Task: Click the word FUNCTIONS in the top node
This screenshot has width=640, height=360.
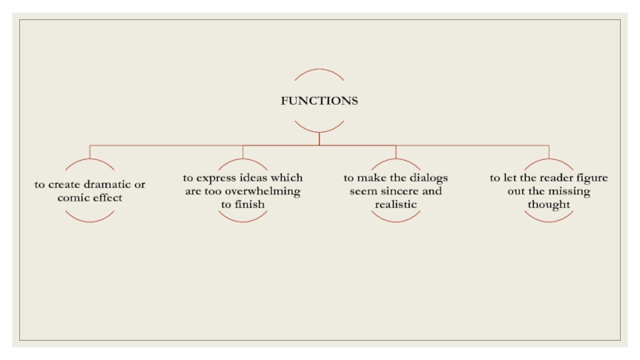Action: coord(318,101)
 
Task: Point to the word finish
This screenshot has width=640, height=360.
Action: coord(250,205)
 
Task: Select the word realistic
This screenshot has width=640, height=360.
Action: coord(396,205)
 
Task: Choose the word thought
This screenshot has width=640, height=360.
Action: coord(549,205)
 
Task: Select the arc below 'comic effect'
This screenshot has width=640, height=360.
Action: coord(90,220)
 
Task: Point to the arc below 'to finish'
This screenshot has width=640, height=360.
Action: coord(242,220)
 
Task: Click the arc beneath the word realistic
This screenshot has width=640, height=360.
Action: coord(396,220)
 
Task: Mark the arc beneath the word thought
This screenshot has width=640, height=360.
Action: coord(549,220)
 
